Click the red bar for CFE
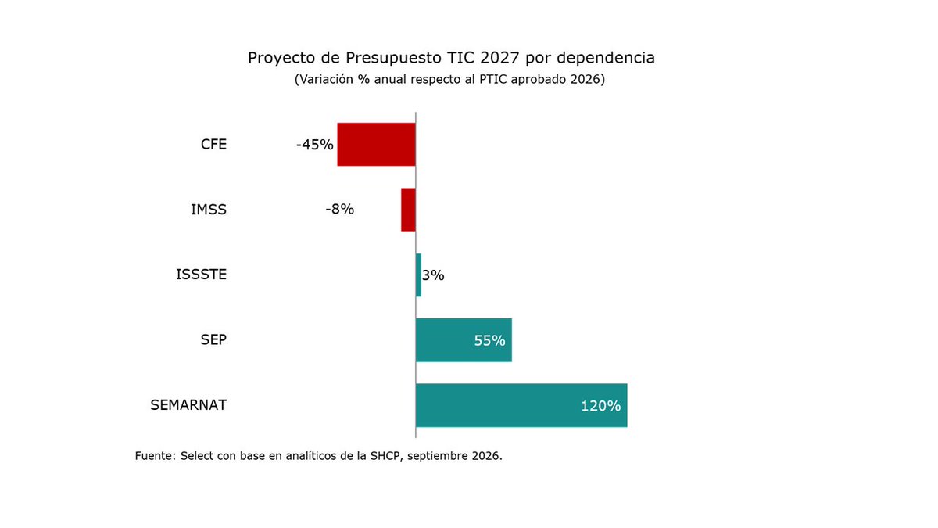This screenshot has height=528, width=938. pyautogui.click(x=377, y=145)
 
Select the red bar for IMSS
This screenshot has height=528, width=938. pyautogui.click(x=408, y=210)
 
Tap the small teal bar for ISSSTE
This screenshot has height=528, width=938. pyautogui.click(x=418, y=275)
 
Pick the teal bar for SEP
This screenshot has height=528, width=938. pyautogui.click(x=464, y=339)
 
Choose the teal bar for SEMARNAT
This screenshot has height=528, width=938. pyautogui.click(x=521, y=405)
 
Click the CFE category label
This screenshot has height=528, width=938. pyautogui.click(x=213, y=145)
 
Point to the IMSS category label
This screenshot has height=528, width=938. pyautogui.click(x=209, y=210)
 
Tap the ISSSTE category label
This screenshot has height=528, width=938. pyautogui.click(x=202, y=275)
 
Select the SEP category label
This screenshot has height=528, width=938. pyautogui.click(x=213, y=339)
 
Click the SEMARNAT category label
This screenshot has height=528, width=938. pyautogui.click(x=188, y=405)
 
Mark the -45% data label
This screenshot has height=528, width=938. pyautogui.click(x=315, y=145)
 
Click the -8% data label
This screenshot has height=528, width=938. pyautogui.click(x=340, y=209)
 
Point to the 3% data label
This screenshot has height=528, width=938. pyautogui.click(x=433, y=275)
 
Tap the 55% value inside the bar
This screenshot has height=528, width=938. pyautogui.click(x=489, y=341)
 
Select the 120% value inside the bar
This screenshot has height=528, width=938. pyautogui.click(x=601, y=406)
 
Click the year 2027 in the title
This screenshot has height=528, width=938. pyautogui.click(x=499, y=58)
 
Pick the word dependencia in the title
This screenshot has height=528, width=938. pyautogui.click(x=606, y=58)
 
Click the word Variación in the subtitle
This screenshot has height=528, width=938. pyautogui.click(x=327, y=79)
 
